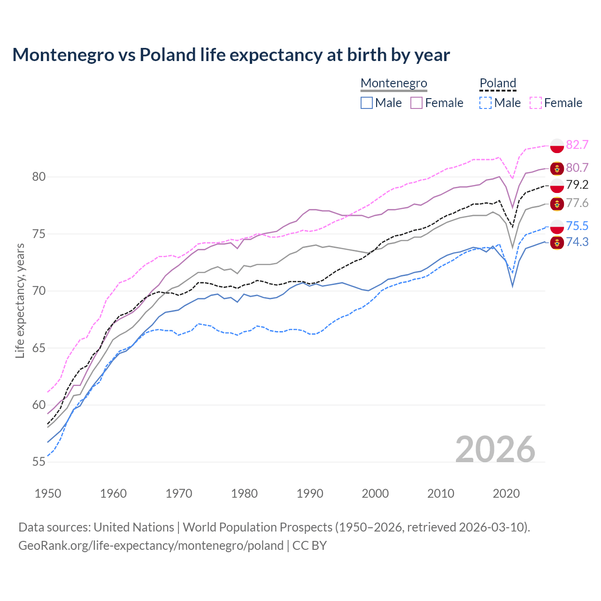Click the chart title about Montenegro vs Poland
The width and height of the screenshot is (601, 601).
click(231, 55)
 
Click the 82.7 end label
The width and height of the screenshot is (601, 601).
click(577, 145)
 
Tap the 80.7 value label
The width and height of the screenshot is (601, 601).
click(577, 168)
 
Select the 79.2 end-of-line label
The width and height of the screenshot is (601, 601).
click(577, 185)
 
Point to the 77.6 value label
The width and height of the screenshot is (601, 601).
click(577, 203)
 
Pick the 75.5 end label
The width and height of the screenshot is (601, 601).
click(577, 226)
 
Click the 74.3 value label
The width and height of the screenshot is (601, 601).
click(577, 242)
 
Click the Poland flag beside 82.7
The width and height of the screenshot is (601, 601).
click(557, 146)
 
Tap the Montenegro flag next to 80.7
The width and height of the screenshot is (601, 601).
click(557, 168)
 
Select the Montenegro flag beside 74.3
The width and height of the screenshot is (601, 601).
click(557, 243)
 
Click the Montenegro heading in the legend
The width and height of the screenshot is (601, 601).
click(393, 83)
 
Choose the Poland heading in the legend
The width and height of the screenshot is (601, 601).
click(498, 83)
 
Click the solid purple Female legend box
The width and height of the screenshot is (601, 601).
click(416, 103)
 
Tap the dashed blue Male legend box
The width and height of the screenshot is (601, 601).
click(485, 103)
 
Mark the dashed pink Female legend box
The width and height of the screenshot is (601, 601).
click(536, 103)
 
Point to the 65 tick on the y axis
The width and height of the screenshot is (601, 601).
click(39, 348)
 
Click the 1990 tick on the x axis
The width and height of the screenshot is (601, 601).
click(310, 493)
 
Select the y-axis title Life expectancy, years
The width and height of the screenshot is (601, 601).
click(20, 300)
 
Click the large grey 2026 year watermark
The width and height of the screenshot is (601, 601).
click(495, 449)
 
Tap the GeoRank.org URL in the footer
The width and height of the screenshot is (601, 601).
click(151, 546)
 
